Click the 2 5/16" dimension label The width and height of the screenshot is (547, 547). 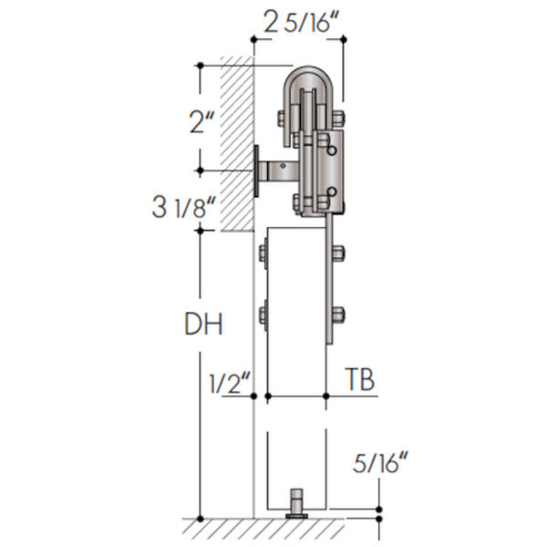click(301, 22)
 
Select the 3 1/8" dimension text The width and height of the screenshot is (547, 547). click(184, 208)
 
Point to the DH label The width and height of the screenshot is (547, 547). click(203, 324)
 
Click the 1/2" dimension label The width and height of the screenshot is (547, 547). click(230, 384)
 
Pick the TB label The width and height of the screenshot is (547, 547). click(360, 379)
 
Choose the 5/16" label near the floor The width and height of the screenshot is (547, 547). click(380, 462)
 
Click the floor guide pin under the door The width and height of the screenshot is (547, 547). click(296, 504)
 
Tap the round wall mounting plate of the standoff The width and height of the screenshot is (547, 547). click(256, 171)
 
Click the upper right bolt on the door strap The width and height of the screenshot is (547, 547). click(338, 253)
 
